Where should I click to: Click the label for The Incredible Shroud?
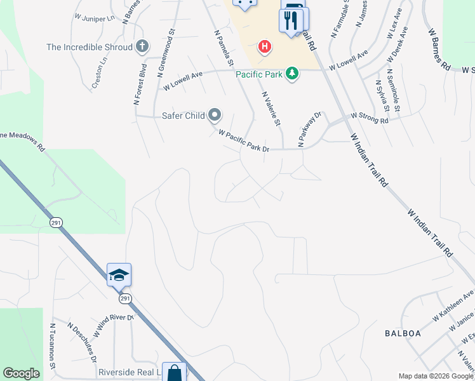coord(90,47)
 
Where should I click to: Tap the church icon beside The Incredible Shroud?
coord(142,46)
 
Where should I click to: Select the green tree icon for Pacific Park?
coord(292,74)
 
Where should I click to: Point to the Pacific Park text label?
coord(259,74)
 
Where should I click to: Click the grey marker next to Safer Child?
coord(215,115)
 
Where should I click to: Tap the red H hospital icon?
coord(264,47)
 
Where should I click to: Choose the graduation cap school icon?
coord(119,275)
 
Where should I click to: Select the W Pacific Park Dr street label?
coord(244,141)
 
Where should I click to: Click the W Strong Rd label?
coord(370,118)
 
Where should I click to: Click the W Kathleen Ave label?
coord(453,305)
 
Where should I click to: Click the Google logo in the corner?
coord(22,374)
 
